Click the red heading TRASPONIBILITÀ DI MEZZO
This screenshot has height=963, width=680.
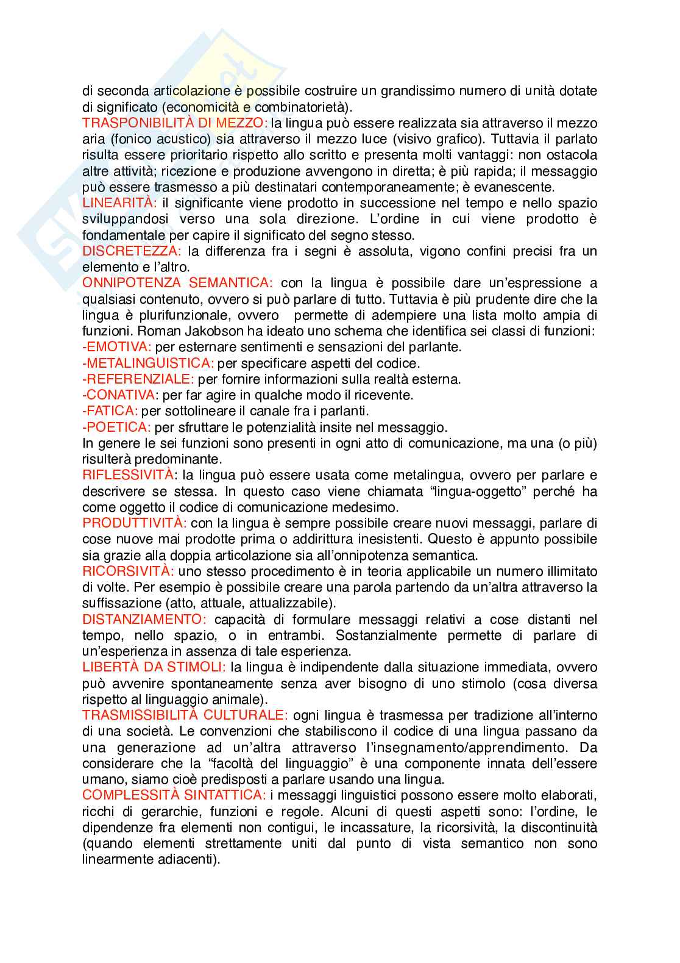pos(175,123)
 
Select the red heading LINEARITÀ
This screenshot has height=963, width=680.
pos(120,202)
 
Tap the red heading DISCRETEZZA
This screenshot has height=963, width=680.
pos(132,251)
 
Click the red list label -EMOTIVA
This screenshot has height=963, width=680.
pos(116,347)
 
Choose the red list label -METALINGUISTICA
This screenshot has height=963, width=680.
pos(148,363)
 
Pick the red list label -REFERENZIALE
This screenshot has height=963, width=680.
pos(138,379)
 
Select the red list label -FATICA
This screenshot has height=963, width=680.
pos(110,411)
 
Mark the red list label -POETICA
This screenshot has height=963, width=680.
pos(116,427)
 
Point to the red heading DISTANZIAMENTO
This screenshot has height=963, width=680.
pos(145,620)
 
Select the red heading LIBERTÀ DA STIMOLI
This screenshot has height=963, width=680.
pos(154,667)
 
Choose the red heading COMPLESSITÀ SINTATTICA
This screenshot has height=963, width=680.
pos(174,795)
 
